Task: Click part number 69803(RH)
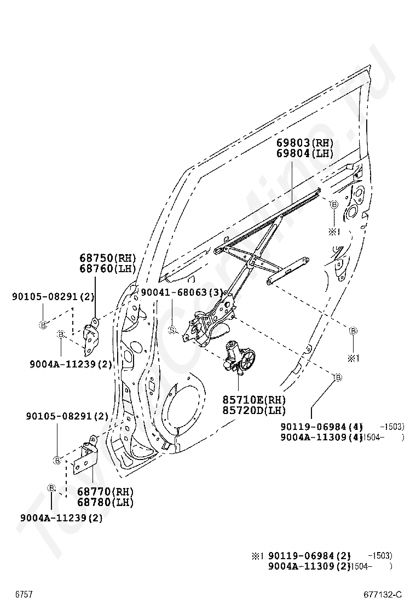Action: (x=305, y=142)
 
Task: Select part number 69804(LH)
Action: (x=305, y=153)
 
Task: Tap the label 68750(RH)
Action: (x=108, y=257)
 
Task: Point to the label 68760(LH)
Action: (x=108, y=268)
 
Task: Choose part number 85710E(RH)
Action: (x=254, y=399)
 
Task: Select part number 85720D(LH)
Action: (x=254, y=410)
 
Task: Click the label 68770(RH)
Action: (x=105, y=491)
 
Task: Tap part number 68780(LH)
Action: (x=105, y=502)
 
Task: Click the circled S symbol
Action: (x=172, y=330)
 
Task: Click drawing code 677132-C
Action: (x=382, y=595)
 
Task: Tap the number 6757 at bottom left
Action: (x=24, y=595)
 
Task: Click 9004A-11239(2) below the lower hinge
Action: (x=62, y=518)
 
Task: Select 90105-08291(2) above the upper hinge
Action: (x=53, y=297)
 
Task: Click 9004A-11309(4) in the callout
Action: (x=322, y=438)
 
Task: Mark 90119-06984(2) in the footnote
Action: (x=310, y=556)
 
